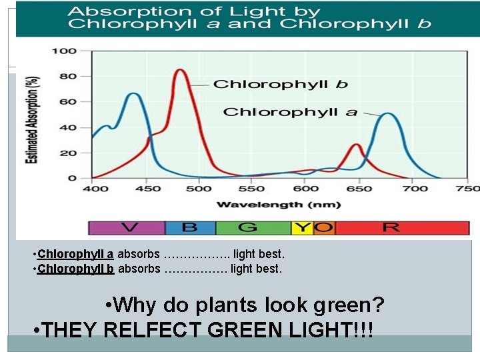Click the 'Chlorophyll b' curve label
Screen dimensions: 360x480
tap(280, 85)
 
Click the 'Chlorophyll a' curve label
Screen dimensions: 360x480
tap(290, 111)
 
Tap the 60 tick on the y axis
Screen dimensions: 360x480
tap(69, 102)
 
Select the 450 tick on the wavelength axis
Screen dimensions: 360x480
tap(147, 189)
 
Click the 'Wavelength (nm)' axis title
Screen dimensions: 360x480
tap(269, 204)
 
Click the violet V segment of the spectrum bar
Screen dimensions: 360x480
tap(127, 227)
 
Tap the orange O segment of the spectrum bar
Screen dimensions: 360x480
tap(323, 227)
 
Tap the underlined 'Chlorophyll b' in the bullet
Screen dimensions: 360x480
tap(76, 269)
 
